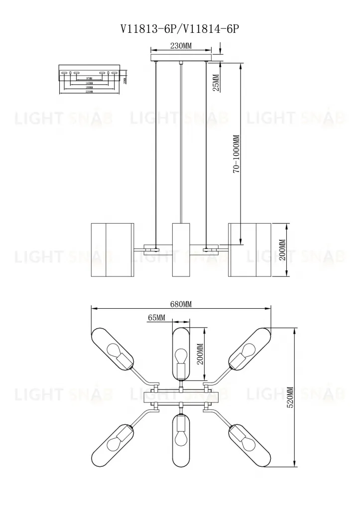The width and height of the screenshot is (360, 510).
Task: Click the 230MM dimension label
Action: pos(181,46)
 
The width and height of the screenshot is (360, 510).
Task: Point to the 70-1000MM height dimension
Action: pos(237,154)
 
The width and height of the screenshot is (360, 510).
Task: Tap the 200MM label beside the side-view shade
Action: pos(282,250)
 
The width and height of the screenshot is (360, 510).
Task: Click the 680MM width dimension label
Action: pos(180,304)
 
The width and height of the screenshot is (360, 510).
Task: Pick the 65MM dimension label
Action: pos(156,317)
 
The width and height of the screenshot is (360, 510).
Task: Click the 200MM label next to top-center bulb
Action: pos(200,354)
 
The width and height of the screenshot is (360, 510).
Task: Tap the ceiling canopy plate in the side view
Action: pos(181,59)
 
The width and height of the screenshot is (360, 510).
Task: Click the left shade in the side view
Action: pos(113,250)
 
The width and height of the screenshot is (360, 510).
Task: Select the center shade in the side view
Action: pos(181,250)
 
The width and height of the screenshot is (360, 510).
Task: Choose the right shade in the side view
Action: pos(249,250)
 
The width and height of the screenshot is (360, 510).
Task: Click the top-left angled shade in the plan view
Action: pos(113,349)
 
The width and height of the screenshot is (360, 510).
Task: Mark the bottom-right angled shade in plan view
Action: pos(248,444)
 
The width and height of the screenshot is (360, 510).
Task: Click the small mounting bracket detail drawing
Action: pos(90,78)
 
